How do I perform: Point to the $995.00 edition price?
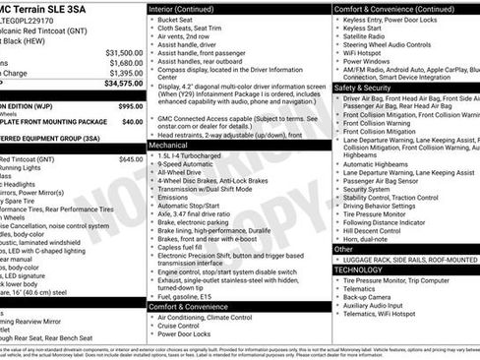pos(130,105)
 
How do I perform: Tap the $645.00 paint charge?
pos(131,157)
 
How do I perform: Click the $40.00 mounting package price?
pos(133,122)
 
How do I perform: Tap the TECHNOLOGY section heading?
pos(357,269)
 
